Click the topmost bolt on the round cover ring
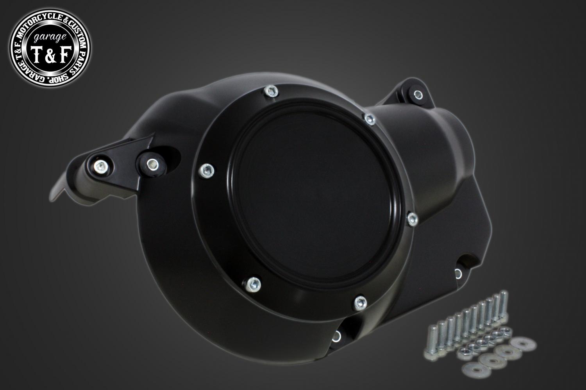click(271, 91)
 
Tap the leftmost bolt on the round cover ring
click(207, 170)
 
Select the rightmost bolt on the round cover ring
click(413, 219)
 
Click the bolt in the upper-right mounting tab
click(418, 95)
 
